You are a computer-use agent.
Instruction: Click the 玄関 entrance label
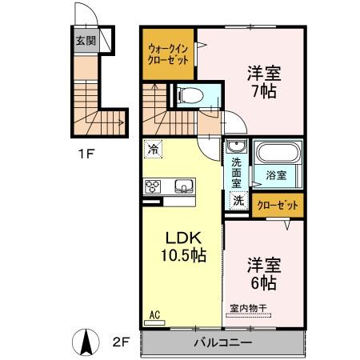coord(86,41)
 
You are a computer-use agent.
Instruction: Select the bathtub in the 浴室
coord(278,153)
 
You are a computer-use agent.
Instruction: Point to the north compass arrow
coord(86,342)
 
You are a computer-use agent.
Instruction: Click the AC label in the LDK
coord(154,315)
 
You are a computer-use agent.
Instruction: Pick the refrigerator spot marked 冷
coord(154,149)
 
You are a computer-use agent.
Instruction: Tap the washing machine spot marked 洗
coord(238,200)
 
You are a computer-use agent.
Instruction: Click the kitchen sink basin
coord(184,186)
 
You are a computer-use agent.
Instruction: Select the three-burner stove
coord(153,186)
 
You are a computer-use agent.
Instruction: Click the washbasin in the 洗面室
coord(237,146)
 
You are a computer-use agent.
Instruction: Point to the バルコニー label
coord(222,342)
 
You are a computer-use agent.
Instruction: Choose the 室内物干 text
coord(248,309)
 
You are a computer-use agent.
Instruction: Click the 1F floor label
coord(86,154)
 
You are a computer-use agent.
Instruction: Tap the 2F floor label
coord(121,342)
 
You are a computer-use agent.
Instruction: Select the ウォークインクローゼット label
coord(168,54)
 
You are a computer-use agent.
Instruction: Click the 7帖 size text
coord(264,91)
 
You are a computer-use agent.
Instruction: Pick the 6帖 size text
coord(263,282)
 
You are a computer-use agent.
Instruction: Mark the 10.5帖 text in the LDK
coord(183,255)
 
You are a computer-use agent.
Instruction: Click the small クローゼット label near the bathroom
coord(278,206)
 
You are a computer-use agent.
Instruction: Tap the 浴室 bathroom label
coord(276,175)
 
